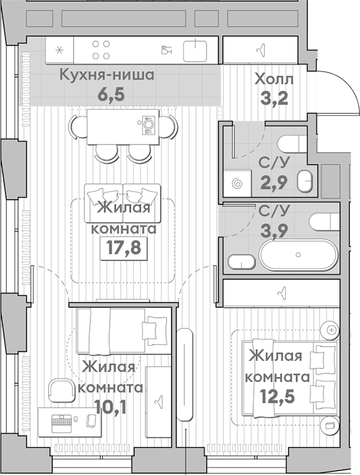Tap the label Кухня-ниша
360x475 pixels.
pos(107,76)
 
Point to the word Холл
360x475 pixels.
pos(273,79)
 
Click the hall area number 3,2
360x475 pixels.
pos(273,98)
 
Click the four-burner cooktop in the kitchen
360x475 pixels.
pos(101,49)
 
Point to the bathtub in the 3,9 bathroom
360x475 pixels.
pos(298,254)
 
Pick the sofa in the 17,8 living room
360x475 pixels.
pos(124,201)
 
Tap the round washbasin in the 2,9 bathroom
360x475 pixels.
pos(304,181)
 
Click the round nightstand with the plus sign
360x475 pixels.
pos(331,329)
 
